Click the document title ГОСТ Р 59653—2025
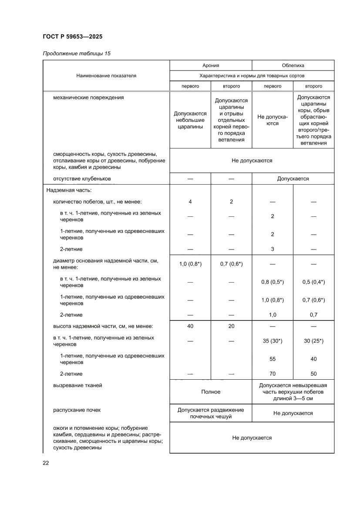(x=73, y=37)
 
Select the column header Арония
(x=211, y=65)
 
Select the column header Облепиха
(x=293, y=65)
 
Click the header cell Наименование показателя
(x=106, y=76)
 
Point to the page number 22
(x=46, y=463)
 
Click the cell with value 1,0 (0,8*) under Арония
(x=190, y=264)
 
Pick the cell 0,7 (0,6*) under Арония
(x=231, y=264)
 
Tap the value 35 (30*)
(x=273, y=341)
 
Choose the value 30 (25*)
(x=313, y=341)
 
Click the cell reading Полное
(x=211, y=392)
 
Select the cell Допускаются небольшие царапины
(x=190, y=120)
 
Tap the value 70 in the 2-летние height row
(x=273, y=374)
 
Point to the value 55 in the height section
(x=273, y=359)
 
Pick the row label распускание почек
(x=79, y=410)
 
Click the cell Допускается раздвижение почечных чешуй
(x=211, y=413)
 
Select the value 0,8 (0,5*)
(x=273, y=282)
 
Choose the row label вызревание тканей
(x=78, y=385)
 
